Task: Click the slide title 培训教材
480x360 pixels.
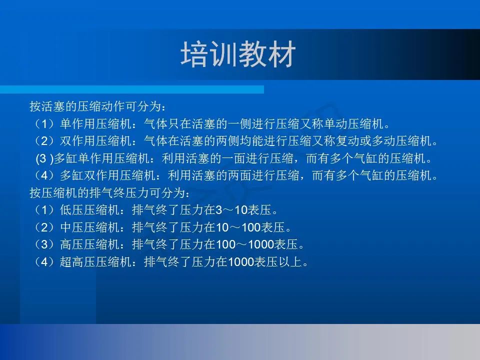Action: tap(238, 54)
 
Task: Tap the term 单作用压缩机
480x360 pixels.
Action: tap(95, 124)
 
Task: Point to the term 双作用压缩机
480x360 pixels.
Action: tap(95, 141)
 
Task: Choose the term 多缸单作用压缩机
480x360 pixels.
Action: tap(101, 158)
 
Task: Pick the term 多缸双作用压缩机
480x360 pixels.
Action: tap(107, 175)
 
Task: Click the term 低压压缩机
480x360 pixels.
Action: tap(89, 210)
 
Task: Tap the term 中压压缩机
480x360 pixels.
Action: tap(89, 227)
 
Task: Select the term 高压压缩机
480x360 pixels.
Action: tap(89, 244)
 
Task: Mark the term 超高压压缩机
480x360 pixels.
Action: tap(95, 262)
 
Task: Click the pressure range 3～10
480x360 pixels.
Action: tap(231, 210)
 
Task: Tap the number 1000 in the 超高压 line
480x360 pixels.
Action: tap(241, 262)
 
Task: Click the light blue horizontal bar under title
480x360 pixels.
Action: tap(132, 89)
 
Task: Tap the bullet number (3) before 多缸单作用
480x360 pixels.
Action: tap(44, 158)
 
